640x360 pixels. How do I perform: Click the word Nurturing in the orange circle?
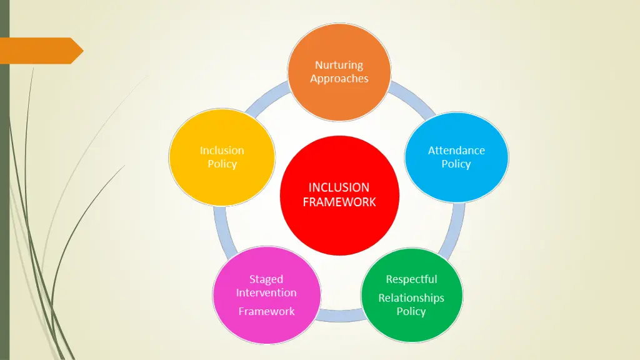pos(339,65)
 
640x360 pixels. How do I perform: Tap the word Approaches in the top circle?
pos(339,79)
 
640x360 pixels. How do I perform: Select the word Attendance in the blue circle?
pos(456,150)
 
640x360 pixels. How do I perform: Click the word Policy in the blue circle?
pos(456,164)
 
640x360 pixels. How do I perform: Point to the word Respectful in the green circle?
pos(411,279)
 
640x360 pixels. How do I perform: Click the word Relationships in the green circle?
pos(411,297)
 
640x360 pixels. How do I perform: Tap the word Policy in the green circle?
pos(411,311)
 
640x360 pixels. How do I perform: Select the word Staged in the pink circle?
pos(266,279)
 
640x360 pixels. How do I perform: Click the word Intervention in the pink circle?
pos(266,292)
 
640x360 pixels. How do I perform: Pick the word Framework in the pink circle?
pos(266,311)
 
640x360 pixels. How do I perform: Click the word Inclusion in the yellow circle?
pos(222,150)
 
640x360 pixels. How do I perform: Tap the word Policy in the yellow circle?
pos(222,164)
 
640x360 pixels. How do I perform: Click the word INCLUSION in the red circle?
pos(339,187)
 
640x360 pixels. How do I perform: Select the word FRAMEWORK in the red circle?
pos(339,202)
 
